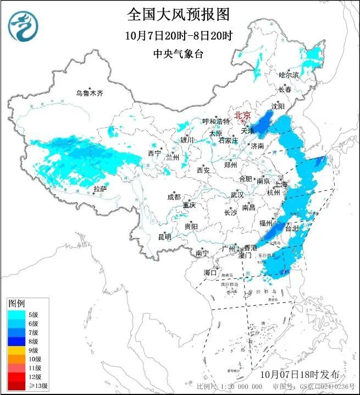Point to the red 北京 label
[242, 115]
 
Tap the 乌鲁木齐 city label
[90, 93]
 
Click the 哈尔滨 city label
[289, 75]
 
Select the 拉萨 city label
[99, 189]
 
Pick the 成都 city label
[174, 197]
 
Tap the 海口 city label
[211, 272]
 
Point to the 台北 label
[293, 227]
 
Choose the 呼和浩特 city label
[216, 121]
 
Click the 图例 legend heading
[16, 304]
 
